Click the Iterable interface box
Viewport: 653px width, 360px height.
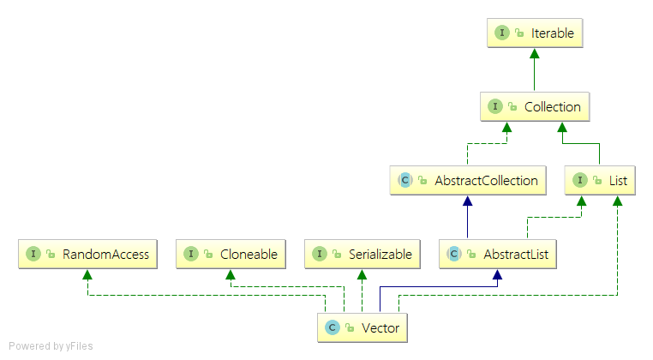(535, 33)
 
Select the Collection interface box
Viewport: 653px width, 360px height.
(535, 106)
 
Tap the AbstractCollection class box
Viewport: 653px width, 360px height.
(468, 180)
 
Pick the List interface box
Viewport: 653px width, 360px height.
(600, 180)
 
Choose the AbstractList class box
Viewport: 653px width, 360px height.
(498, 255)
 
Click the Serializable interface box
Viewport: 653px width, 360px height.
(362, 255)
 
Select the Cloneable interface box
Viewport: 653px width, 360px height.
(231, 255)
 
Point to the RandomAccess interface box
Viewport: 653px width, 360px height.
(87, 255)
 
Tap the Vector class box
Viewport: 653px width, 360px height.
(362, 328)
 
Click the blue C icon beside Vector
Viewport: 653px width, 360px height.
(332, 328)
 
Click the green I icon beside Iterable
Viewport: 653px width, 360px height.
(502, 33)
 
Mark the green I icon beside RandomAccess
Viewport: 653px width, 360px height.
(33, 254)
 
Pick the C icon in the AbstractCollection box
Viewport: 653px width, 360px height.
(404, 180)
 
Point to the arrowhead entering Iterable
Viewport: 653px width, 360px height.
(535, 53)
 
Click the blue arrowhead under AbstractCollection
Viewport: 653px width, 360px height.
(468, 201)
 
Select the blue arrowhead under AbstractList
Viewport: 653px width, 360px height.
(497, 274)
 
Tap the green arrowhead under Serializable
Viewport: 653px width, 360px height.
(362, 274)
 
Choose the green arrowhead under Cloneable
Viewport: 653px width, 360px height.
(231, 274)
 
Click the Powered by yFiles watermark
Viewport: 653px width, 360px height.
(51, 346)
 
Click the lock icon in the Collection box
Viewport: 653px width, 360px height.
(512, 107)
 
